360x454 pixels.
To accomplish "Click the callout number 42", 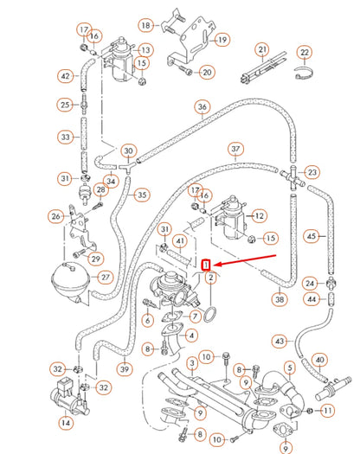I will pyautogui.click(x=66, y=76).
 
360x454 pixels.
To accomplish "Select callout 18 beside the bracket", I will pyautogui.click(x=146, y=25).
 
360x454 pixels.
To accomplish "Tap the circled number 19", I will pyautogui.click(x=222, y=40).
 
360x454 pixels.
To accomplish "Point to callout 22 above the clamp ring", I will pyautogui.click(x=304, y=54).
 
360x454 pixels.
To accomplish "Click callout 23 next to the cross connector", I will pyautogui.click(x=312, y=172).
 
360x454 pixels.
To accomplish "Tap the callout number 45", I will pyautogui.click(x=312, y=234).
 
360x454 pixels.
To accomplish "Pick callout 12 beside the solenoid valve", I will pyautogui.click(x=260, y=214).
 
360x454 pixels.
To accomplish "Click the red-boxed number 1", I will pyautogui.click(x=206, y=265).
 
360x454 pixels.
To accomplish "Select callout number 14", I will pyautogui.click(x=66, y=423).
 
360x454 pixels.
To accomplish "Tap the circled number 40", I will pyautogui.click(x=319, y=359).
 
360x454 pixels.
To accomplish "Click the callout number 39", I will pyautogui.click(x=125, y=370).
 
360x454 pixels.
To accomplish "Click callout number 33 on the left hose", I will pyautogui.click(x=66, y=136).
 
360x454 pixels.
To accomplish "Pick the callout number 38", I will pyautogui.click(x=279, y=299).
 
